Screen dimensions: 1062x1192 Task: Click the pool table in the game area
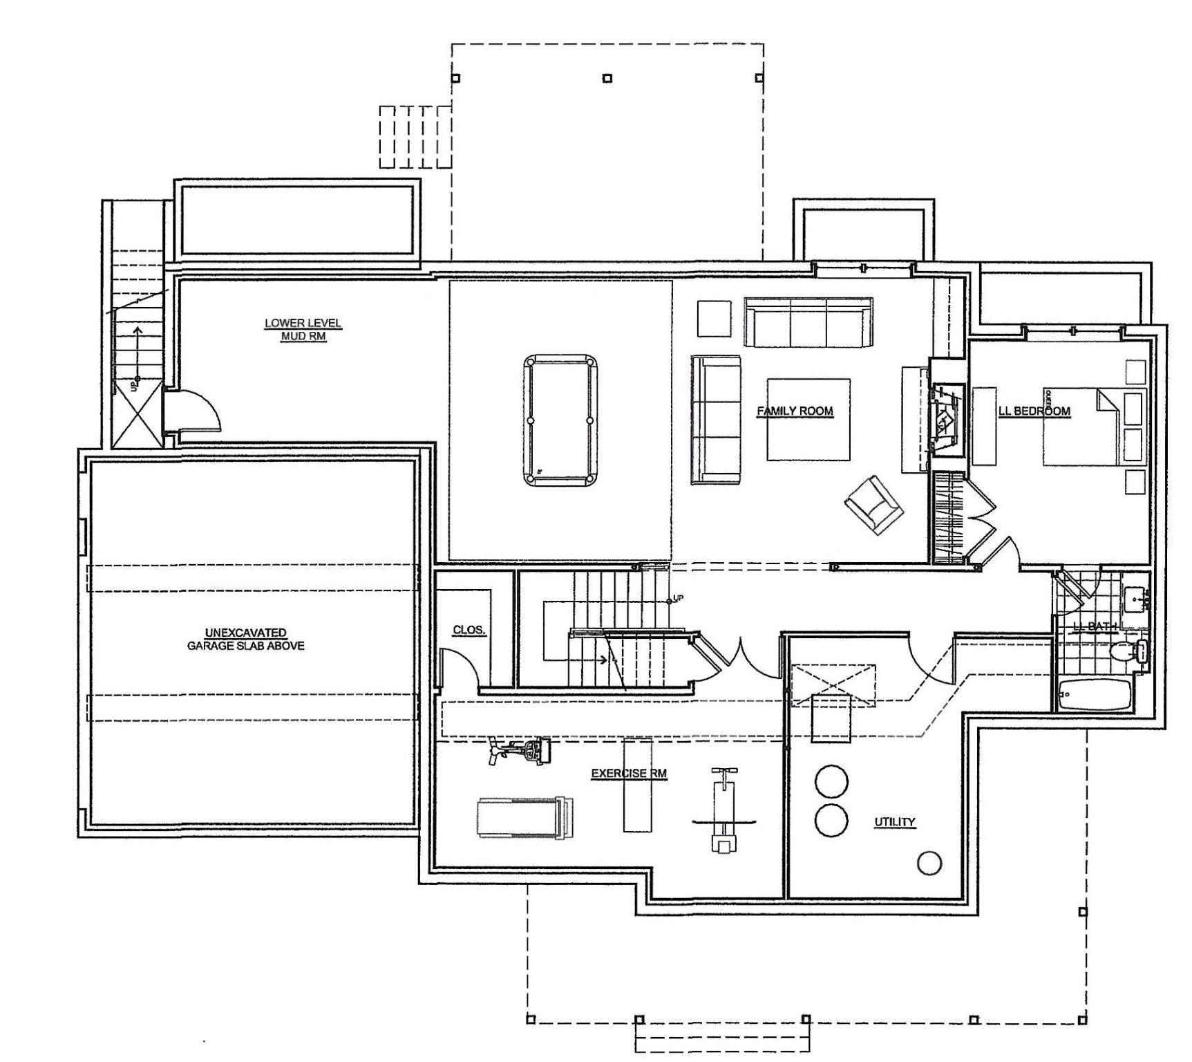(x=560, y=420)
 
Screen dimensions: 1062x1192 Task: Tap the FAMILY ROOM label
(x=795, y=411)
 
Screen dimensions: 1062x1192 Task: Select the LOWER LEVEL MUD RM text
(x=303, y=330)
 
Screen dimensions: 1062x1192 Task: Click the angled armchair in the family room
(x=874, y=504)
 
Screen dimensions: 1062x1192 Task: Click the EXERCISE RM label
(x=629, y=774)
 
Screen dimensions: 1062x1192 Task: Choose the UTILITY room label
(x=894, y=822)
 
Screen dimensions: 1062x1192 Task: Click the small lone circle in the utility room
(x=929, y=862)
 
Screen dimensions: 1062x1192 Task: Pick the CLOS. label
(x=469, y=630)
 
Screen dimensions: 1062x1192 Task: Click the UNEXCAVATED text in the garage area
(x=246, y=633)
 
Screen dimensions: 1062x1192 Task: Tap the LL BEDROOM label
(x=1034, y=411)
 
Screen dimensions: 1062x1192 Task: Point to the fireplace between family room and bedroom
(x=946, y=418)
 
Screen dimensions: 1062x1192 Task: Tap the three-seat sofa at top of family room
(x=808, y=323)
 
